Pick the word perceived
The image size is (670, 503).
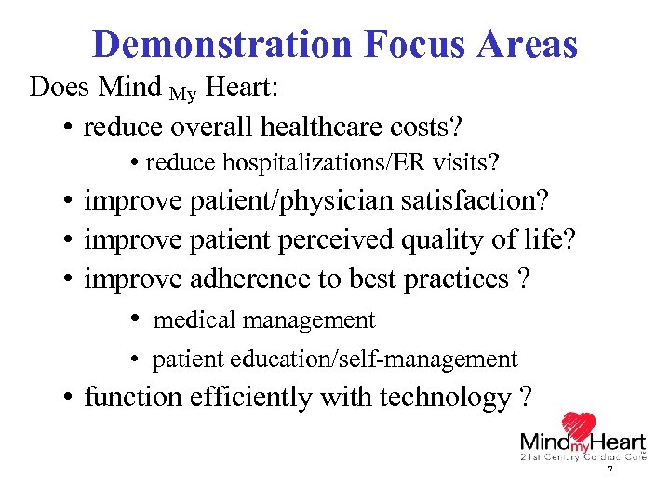click(x=337, y=240)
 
